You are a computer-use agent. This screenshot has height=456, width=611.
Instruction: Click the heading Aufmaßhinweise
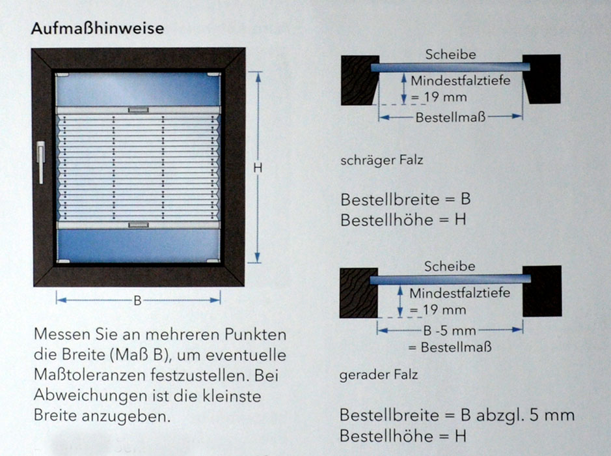[97, 29]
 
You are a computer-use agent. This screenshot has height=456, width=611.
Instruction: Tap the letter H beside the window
[257, 168]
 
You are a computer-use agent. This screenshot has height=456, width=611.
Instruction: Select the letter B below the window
[137, 300]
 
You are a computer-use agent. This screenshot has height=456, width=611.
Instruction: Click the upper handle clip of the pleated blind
[139, 110]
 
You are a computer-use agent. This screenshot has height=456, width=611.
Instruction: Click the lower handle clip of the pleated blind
[139, 225]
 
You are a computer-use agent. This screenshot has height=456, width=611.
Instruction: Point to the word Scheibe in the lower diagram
[450, 266]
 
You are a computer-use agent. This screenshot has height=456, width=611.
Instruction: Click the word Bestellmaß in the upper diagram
[450, 117]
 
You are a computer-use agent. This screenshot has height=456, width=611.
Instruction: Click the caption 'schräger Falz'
[381, 160]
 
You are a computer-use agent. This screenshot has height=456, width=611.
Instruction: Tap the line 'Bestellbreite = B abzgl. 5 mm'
[457, 415]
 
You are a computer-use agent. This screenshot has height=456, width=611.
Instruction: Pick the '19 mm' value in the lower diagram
[444, 310]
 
